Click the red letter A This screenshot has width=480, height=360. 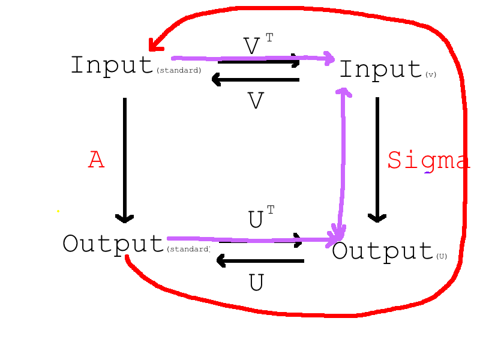(96, 160)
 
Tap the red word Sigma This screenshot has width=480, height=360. (427, 160)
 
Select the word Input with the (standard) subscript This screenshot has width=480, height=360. (112, 65)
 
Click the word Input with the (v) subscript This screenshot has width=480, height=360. (380, 70)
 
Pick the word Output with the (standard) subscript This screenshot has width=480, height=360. (113, 244)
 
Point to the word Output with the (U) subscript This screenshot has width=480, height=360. (382, 251)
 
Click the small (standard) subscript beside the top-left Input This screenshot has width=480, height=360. (178, 71)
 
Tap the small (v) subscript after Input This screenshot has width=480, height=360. (430, 75)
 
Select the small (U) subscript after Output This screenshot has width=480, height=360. (442, 256)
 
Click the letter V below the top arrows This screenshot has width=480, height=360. (256, 101)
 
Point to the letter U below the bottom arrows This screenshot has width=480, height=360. (256, 283)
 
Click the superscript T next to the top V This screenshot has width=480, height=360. (269, 38)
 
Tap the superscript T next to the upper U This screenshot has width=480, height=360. (271, 209)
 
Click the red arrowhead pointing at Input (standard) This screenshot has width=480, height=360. (155, 45)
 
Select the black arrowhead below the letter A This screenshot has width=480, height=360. (125, 218)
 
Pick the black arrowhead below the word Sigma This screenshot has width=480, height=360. (377, 217)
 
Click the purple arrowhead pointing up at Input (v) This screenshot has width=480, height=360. (343, 92)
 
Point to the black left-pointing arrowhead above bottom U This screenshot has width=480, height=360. (220, 260)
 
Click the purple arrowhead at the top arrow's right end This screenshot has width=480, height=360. (329, 58)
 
